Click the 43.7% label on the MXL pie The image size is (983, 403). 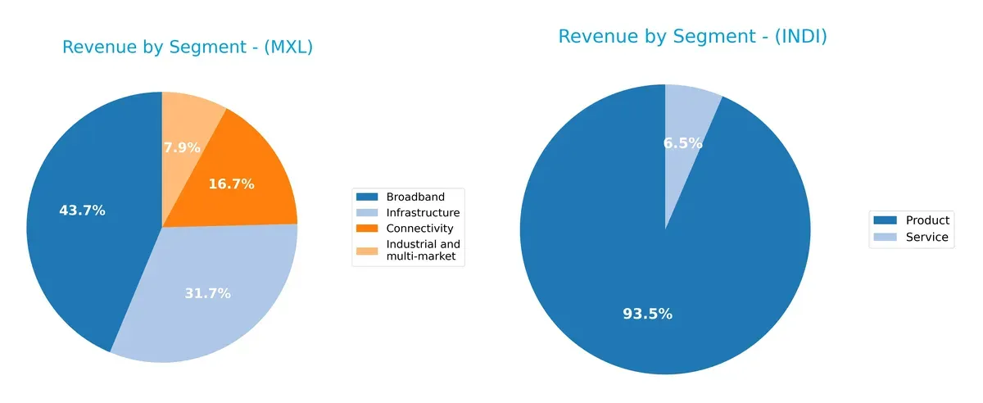coord(82,211)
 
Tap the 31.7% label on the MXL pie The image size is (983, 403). coord(207,293)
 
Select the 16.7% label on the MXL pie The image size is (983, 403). coord(231,184)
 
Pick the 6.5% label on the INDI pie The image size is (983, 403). coord(682,143)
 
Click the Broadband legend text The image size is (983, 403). coord(415,197)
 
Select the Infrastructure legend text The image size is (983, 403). coord(424,212)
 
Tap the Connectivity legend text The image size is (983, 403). coord(420,228)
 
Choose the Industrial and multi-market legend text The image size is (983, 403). coord(424,251)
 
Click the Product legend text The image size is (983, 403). coord(927,220)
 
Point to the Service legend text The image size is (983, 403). coord(926,238)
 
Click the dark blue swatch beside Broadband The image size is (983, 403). coord(367,197)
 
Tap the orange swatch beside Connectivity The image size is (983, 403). coord(367,228)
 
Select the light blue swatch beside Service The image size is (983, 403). coord(885,238)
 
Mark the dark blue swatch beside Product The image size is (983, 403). coord(885,220)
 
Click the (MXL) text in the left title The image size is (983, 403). coord(284,48)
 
